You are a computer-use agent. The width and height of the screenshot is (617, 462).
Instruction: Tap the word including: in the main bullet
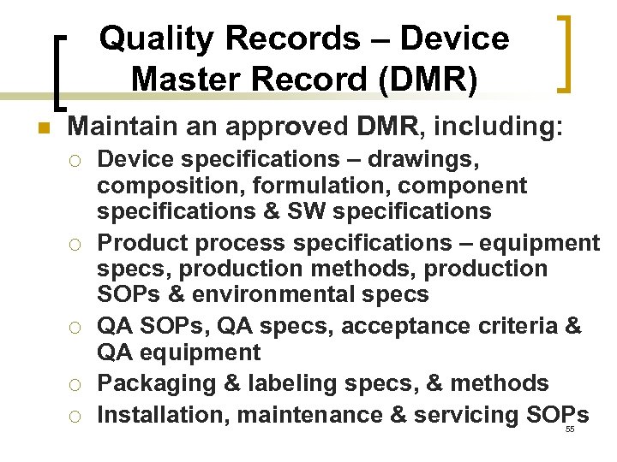pos(499,128)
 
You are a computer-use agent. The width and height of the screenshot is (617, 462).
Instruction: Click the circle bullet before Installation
pos(75,416)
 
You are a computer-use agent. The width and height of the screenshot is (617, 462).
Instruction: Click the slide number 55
pos(570,429)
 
